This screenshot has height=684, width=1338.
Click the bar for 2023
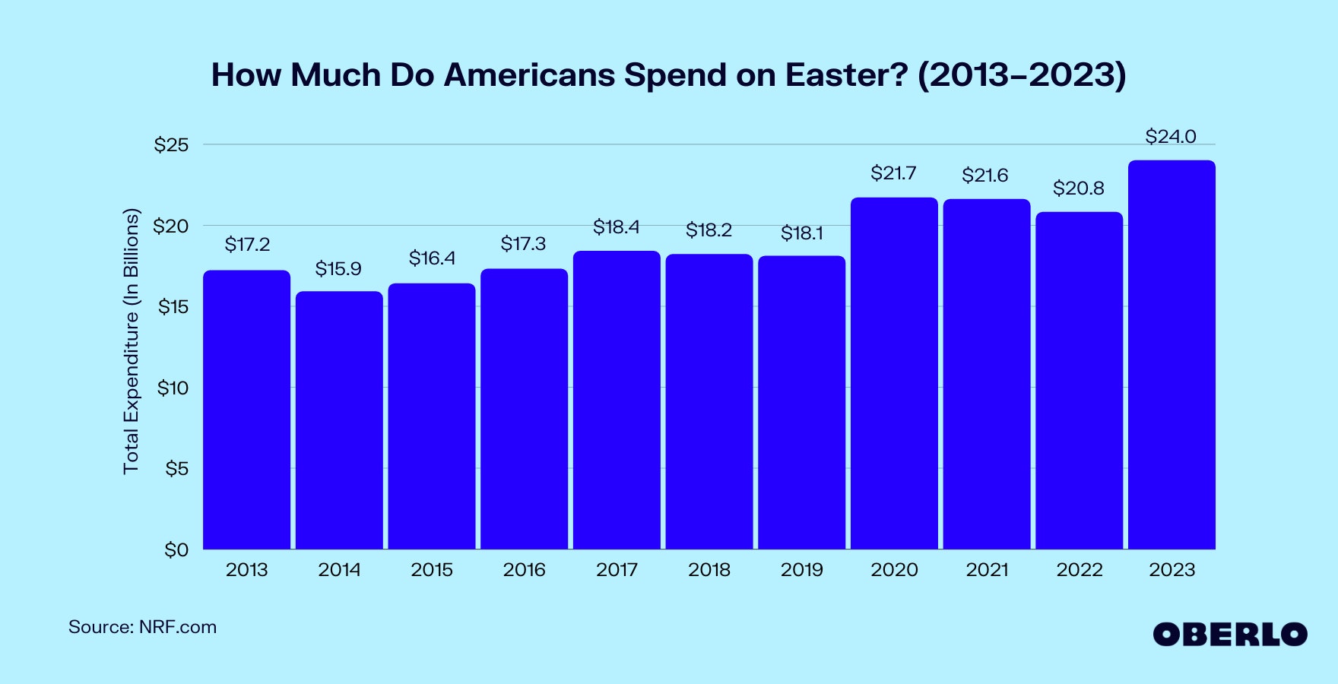coord(1172,355)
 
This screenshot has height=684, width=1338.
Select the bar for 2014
coord(339,420)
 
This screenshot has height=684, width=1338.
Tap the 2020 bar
coord(894,373)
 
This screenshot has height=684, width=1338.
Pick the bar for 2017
coord(617,400)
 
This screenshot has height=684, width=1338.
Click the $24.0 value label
coord(1171,137)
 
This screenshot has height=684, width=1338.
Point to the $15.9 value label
coord(338,269)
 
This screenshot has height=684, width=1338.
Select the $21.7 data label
coord(893,173)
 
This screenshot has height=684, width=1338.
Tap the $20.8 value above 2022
coord(1078,188)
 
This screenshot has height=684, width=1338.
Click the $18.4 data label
coord(616,227)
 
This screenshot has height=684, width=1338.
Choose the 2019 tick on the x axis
coord(801,570)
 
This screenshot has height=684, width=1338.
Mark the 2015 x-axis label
coord(432,570)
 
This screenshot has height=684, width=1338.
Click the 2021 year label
coord(987,570)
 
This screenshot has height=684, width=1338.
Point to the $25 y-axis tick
coord(171,145)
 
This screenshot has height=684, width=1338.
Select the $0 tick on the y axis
coord(176,549)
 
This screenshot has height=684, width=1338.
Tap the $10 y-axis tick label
coord(173,388)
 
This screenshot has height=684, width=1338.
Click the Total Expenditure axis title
coord(132,341)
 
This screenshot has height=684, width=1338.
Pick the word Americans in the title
coord(529,75)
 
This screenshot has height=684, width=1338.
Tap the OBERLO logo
coord(1229,635)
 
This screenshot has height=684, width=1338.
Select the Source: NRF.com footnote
coord(142,627)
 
